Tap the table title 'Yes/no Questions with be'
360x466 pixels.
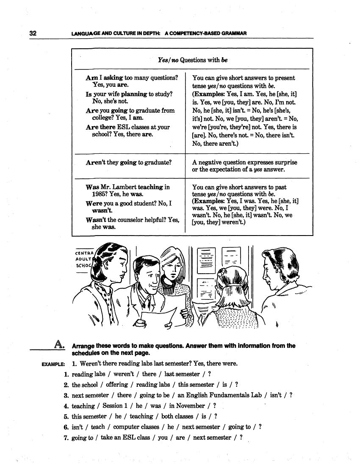[x=192, y=60]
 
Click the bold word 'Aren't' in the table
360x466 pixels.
[x=95, y=162]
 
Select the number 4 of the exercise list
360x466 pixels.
[x=66, y=406]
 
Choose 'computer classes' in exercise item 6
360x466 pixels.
[x=136, y=427]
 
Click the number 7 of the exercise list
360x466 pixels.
[x=66, y=438]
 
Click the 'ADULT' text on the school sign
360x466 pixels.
[x=83, y=258]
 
